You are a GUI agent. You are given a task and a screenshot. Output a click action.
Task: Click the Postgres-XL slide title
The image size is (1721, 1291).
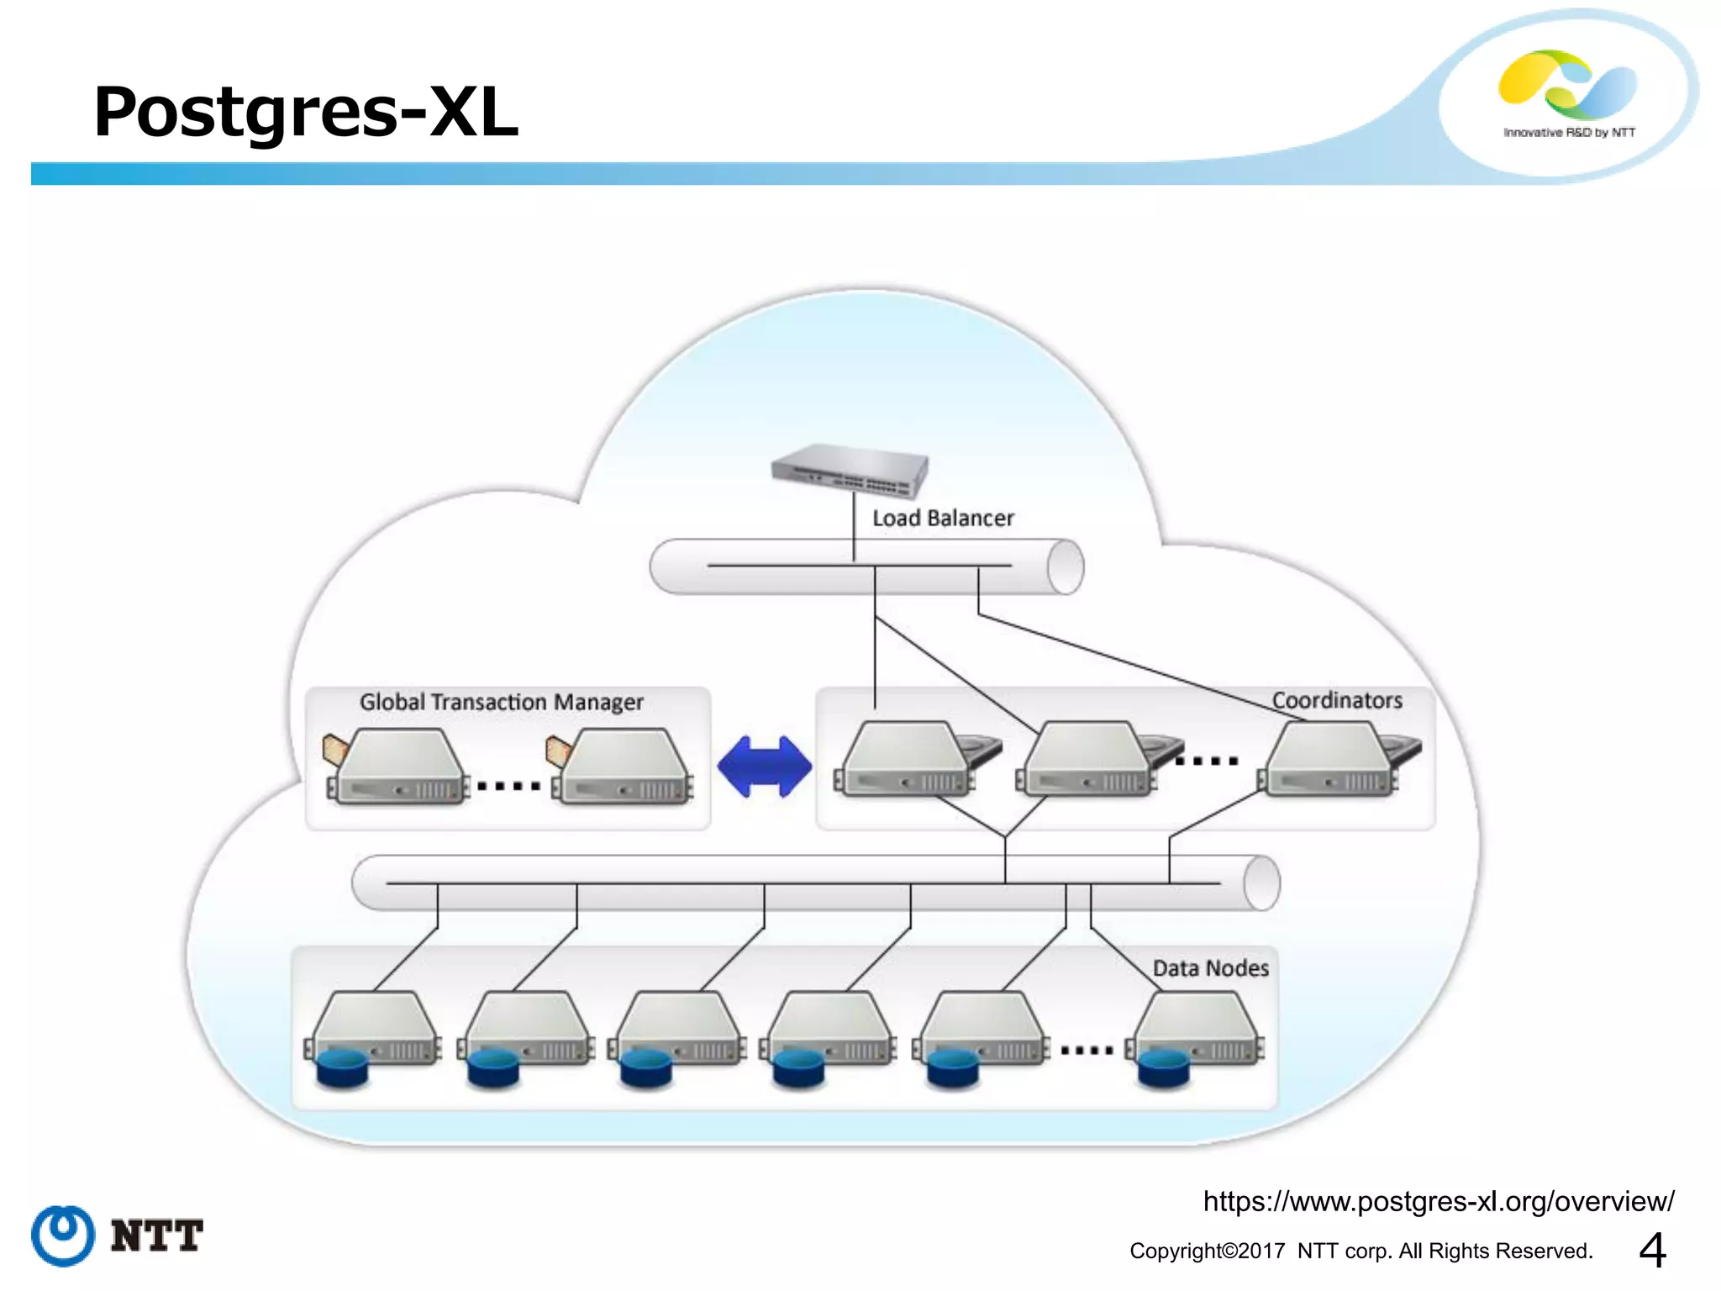point(306,112)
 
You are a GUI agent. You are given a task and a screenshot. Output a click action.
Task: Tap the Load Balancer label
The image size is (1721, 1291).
point(942,519)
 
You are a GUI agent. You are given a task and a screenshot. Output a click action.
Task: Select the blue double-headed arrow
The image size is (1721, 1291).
point(764,767)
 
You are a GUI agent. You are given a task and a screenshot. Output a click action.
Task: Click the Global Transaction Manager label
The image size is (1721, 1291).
point(501,702)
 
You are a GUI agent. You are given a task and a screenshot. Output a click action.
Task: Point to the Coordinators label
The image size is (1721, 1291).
point(1336,700)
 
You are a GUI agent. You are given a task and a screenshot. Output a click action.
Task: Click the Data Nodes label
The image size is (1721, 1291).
point(1210,968)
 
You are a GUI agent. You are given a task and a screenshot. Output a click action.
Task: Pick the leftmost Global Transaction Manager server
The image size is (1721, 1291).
point(397,767)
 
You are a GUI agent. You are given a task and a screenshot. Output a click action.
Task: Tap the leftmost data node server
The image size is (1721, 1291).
point(374,1030)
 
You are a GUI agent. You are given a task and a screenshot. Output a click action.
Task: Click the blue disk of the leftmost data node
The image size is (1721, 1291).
point(342,1067)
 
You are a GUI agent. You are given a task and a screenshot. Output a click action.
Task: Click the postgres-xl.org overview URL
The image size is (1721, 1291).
point(1438,1202)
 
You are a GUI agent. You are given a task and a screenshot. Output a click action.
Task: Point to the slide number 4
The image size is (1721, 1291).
point(1652,1250)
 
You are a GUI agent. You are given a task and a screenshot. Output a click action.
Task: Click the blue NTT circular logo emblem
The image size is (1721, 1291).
point(63,1236)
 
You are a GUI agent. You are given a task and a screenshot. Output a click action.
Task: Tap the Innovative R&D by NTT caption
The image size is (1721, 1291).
point(1569,133)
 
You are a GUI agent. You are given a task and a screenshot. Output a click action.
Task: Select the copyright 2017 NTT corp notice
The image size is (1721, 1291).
point(1360,1251)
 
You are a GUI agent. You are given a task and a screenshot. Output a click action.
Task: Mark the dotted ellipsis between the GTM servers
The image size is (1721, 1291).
point(508,787)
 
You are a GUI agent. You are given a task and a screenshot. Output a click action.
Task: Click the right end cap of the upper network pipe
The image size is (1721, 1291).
point(1066,567)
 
